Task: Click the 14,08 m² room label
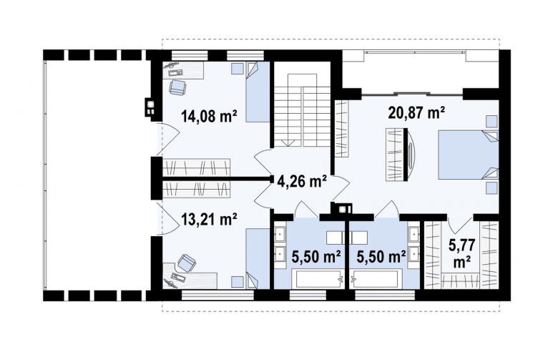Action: click(x=209, y=116)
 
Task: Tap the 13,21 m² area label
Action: click(x=209, y=219)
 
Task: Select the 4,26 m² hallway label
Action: click(x=302, y=181)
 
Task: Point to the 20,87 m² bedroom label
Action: click(x=416, y=112)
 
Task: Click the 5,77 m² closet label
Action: click(x=461, y=253)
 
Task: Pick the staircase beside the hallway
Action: click(x=302, y=110)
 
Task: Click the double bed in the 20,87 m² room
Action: click(x=468, y=155)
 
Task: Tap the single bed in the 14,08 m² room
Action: click(x=258, y=92)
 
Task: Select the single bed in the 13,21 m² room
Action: click(x=258, y=259)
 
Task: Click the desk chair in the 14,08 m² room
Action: click(x=177, y=87)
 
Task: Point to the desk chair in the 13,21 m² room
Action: click(x=187, y=263)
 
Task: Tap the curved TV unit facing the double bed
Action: click(x=411, y=155)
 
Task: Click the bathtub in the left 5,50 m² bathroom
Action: click(x=318, y=278)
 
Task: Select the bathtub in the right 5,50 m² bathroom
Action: click(x=376, y=278)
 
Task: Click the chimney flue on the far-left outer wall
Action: click(x=150, y=107)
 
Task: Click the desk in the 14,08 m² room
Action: click(x=183, y=70)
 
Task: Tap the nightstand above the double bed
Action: click(x=491, y=122)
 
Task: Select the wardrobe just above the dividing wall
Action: click(x=197, y=167)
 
